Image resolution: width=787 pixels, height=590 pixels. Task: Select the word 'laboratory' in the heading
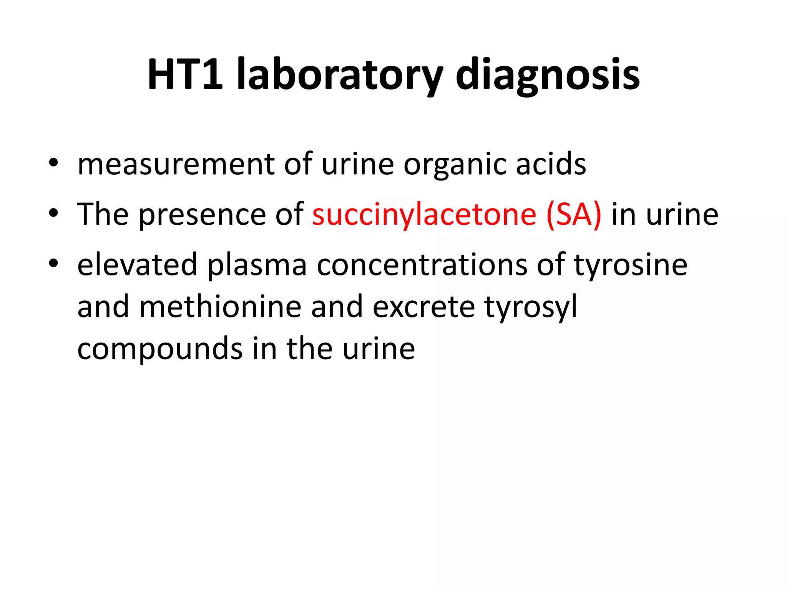[340, 75]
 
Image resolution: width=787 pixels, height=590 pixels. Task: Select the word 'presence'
[202, 215]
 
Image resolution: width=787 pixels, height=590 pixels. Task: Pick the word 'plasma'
[257, 265]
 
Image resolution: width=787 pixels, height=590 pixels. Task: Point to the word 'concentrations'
[422, 265]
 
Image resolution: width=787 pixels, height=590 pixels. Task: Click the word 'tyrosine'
[630, 265]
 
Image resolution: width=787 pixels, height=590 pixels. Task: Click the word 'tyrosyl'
[531, 307]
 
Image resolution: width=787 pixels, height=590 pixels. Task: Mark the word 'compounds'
[160, 349]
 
